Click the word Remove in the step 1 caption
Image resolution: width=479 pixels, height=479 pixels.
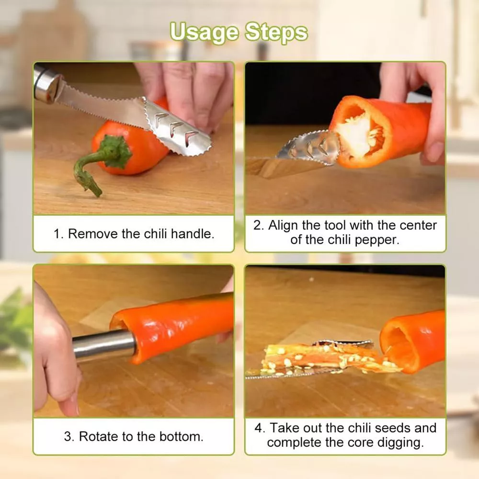point(93,234)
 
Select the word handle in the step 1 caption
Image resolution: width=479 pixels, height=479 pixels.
point(192,234)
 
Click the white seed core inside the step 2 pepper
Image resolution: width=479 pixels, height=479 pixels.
point(361,134)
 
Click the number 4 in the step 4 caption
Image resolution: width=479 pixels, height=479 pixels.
point(259,428)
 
